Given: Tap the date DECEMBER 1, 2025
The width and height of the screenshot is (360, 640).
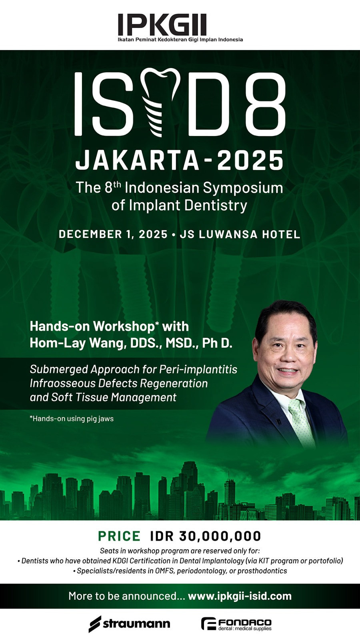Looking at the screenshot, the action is pos(113,234).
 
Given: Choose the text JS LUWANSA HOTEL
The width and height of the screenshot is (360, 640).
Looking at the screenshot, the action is pos(240,234).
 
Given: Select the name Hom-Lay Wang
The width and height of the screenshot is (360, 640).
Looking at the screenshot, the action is pos(77,343).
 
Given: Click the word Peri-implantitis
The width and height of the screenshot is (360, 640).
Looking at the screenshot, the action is pos(198,370).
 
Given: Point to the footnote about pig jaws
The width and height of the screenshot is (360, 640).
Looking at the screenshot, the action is pos(72,419).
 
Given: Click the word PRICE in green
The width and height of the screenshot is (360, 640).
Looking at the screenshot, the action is pos(119,536).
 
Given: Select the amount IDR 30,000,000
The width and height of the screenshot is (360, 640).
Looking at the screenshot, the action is pos(206,536).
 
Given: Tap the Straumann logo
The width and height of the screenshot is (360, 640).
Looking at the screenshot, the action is pos(129,624).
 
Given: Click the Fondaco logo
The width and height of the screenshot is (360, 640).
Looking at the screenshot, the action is pos(236,624).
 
